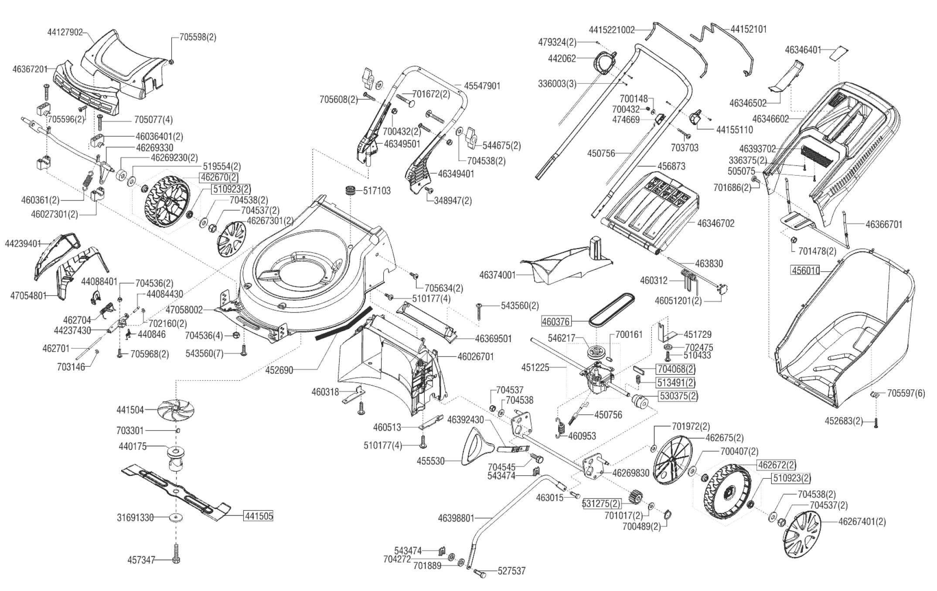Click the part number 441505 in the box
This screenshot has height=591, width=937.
coord(259,516)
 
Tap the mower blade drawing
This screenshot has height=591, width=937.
coord(174,491)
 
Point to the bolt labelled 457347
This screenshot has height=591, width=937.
coord(177,554)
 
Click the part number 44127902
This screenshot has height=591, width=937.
coord(65,32)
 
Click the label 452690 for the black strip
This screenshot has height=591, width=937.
coord(279,370)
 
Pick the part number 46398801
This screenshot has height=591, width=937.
coord(456,518)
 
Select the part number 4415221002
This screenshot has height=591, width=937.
coord(612,30)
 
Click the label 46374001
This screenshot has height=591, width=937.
coord(497,275)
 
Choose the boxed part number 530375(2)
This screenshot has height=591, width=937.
coord(678,396)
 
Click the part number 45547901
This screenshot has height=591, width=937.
coord(482,86)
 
